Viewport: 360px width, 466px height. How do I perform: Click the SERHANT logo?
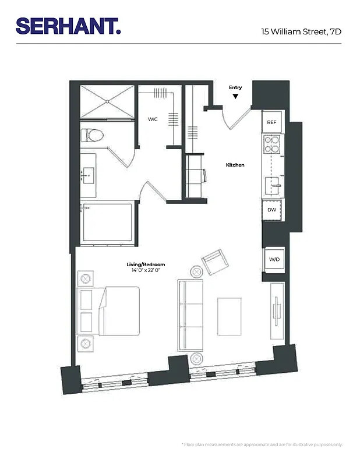coord(68,26)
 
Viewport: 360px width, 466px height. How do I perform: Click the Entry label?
coord(235,88)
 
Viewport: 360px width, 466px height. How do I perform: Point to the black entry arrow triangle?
coord(235,96)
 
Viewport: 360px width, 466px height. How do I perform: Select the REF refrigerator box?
coord(271,122)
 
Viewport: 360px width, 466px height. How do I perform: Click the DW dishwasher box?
coord(271,209)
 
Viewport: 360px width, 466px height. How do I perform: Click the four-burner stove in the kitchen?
coord(271,144)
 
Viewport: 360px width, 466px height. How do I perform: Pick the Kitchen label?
coord(235,165)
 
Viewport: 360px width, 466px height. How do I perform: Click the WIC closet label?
coord(153,119)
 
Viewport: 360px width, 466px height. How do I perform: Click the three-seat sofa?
coord(190,315)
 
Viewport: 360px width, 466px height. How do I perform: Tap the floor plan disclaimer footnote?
coord(262,444)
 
